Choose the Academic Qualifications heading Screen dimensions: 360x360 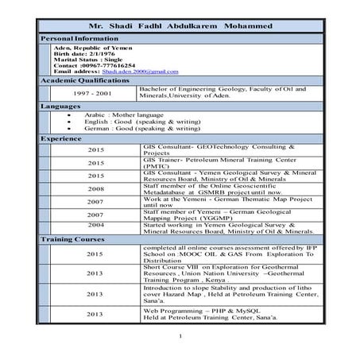click(79, 81)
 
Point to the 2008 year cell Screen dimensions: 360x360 click(95, 189)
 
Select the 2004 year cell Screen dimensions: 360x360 click(95, 225)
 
